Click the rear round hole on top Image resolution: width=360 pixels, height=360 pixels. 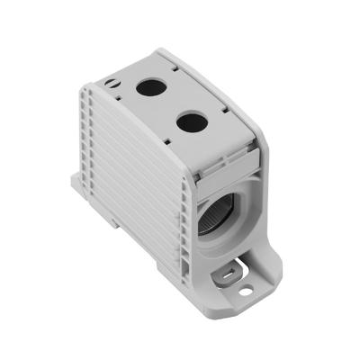[x=148, y=87]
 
